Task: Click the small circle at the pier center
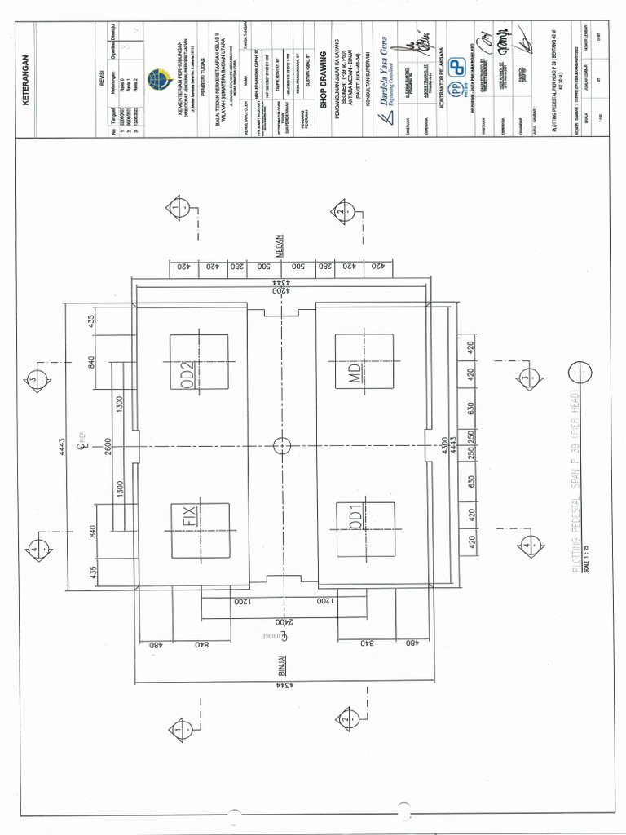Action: [281, 445]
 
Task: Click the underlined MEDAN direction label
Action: [279, 245]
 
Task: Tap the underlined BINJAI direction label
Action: [279, 665]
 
